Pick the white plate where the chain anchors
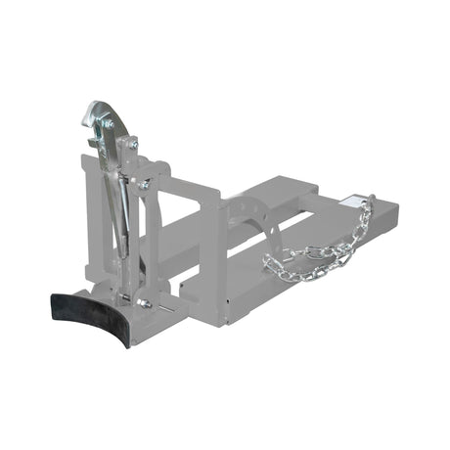pyautogui.click(x=350, y=203)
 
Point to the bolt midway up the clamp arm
pyautogui.click(x=144, y=183)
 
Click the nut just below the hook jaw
pyautogui.click(x=130, y=144)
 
